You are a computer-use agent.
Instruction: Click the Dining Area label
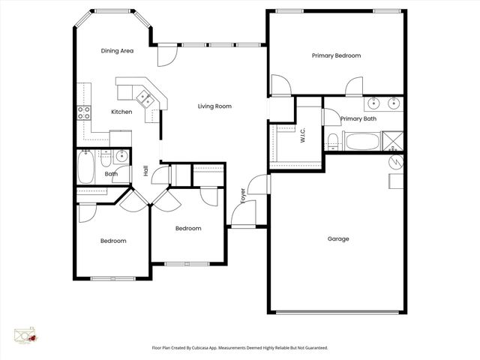click(117, 51)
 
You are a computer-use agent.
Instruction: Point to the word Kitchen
click(121, 112)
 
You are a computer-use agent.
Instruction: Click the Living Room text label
click(214, 106)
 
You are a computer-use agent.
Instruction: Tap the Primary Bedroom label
click(337, 55)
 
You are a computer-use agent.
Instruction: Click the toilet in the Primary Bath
click(332, 140)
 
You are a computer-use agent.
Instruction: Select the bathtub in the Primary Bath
click(362, 141)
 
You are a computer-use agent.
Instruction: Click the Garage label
click(338, 239)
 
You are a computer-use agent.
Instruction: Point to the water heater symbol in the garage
click(395, 162)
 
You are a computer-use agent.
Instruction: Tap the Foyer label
click(243, 196)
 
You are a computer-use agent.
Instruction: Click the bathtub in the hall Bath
click(85, 166)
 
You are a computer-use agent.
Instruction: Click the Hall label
click(146, 171)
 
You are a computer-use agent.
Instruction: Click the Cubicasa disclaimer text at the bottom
click(240, 348)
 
